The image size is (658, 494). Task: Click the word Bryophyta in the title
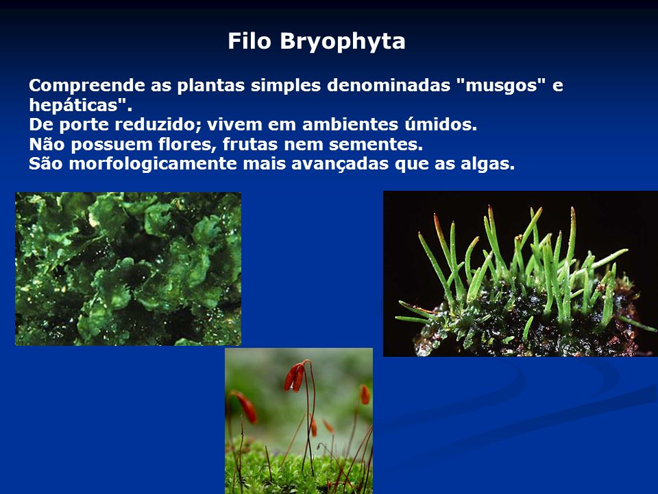pos(343,42)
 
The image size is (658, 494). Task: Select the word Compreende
pos(87,86)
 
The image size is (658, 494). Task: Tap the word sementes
pos(376,145)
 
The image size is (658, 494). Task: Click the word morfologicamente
pos(153,164)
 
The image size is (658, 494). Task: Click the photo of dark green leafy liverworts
pos(128,269)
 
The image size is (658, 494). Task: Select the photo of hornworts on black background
pos(520,274)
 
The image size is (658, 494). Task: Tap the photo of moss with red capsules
pos(299,421)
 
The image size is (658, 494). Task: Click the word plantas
pos(210,86)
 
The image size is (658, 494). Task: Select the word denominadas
pos(389,86)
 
